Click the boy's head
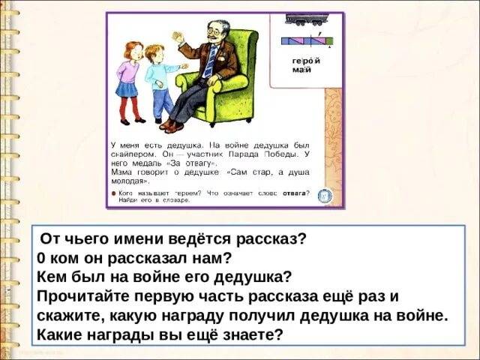[x=154, y=53]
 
